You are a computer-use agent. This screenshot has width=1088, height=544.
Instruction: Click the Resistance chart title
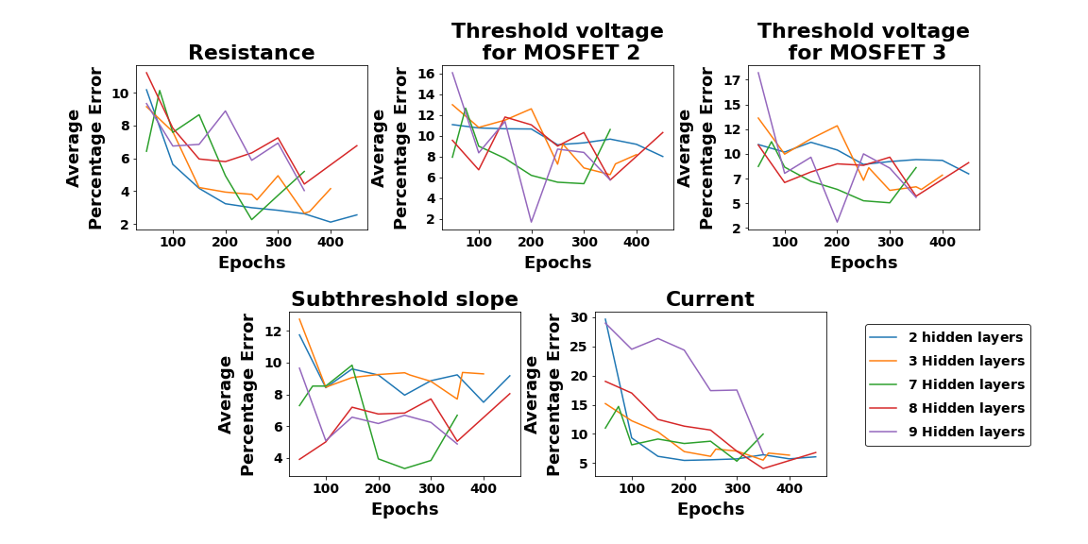coord(251,53)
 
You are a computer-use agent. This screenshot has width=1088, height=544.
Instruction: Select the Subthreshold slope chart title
coord(404,299)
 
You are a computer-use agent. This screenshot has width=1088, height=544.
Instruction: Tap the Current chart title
coord(709,299)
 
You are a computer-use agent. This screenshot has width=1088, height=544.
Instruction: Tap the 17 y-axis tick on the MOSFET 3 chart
coord(731,80)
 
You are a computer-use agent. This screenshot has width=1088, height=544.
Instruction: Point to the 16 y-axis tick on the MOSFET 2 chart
coord(425,74)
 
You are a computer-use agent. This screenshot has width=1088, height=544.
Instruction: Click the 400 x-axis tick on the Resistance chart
coord(330,242)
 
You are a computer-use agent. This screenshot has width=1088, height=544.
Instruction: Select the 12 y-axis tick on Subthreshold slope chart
coord(272,331)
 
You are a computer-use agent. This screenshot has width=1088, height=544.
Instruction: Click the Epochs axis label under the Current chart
coord(710,509)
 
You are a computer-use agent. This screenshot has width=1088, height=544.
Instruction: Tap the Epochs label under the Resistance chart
coord(251,263)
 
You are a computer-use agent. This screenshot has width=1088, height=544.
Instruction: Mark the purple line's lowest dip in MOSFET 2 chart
coord(531,222)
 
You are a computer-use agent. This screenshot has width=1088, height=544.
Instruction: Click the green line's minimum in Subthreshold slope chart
coord(404,468)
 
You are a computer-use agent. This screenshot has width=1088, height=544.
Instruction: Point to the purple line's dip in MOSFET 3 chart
coord(837,222)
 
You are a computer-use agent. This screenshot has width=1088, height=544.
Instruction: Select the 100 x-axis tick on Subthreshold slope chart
coord(325,488)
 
